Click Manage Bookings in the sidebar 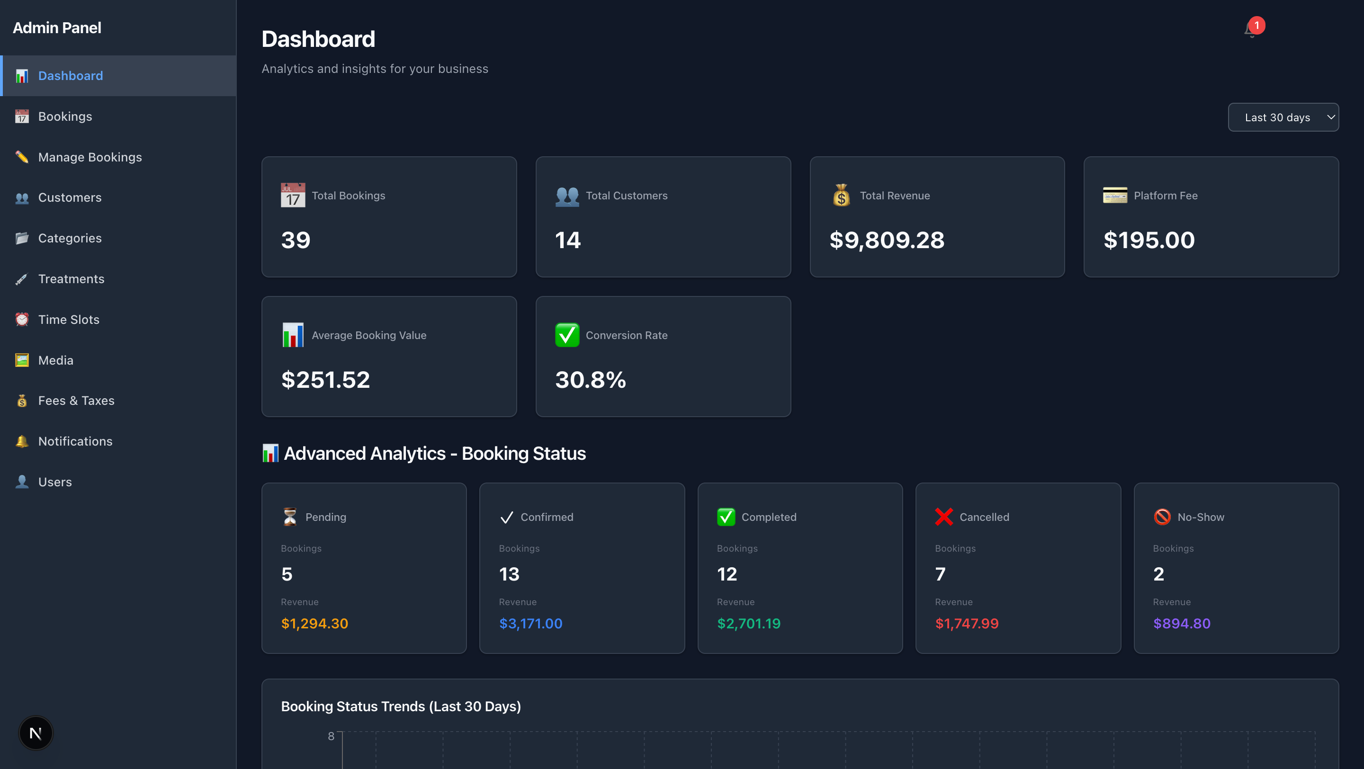pyautogui.click(x=90, y=157)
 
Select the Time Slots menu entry pyautogui.click(x=68, y=320)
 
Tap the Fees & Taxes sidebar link pyautogui.click(x=76, y=401)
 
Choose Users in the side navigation pyautogui.click(x=54, y=482)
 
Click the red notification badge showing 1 pyautogui.click(x=1256, y=26)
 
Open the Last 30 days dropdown pyautogui.click(x=1283, y=117)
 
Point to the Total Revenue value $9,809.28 pyautogui.click(x=887, y=240)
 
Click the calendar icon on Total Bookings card pyautogui.click(x=293, y=195)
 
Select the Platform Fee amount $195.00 pyautogui.click(x=1149, y=240)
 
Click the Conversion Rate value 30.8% pyautogui.click(x=591, y=380)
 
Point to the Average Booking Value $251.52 pyautogui.click(x=325, y=380)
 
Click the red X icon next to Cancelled pyautogui.click(x=943, y=517)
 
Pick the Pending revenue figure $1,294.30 pyautogui.click(x=314, y=624)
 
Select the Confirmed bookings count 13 pyautogui.click(x=509, y=574)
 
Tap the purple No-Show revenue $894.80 pyautogui.click(x=1181, y=624)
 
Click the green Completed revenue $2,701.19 pyautogui.click(x=748, y=624)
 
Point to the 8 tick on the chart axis pyautogui.click(x=331, y=736)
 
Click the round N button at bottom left pyautogui.click(x=36, y=733)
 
